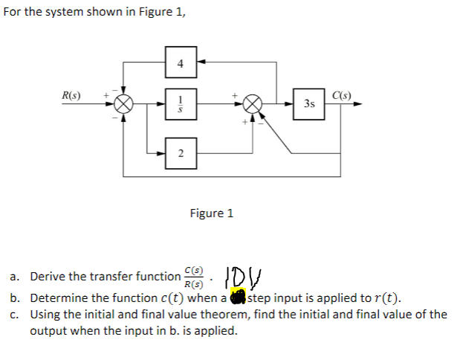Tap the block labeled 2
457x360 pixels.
click(179, 152)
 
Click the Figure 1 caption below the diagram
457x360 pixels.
click(211, 213)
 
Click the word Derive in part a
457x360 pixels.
click(48, 277)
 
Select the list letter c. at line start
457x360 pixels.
click(16, 315)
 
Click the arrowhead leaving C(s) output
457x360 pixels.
click(361, 105)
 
